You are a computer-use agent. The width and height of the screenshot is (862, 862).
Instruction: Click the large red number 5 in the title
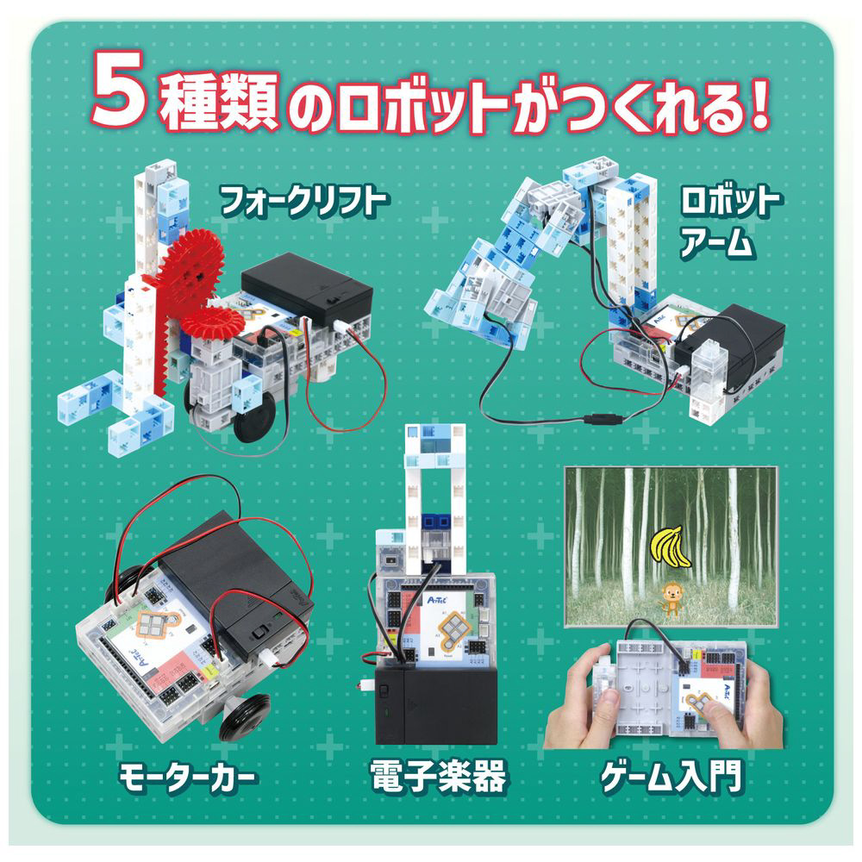click(x=119, y=88)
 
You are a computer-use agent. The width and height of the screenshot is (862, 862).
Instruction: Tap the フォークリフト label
click(x=304, y=201)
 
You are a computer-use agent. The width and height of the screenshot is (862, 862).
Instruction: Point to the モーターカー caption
click(x=187, y=778)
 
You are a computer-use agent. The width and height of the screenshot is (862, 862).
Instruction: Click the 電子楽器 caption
click(x=438, y=777)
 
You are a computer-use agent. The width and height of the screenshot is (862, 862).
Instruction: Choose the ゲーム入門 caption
click(x=671, y=777)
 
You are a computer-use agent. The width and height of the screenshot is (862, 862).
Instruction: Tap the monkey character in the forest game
click(x=670, y=599)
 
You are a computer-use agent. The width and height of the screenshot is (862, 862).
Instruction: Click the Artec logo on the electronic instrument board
click(x=437, y=599)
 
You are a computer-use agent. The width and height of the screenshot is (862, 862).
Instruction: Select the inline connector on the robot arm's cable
click(x=605, y=420)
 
